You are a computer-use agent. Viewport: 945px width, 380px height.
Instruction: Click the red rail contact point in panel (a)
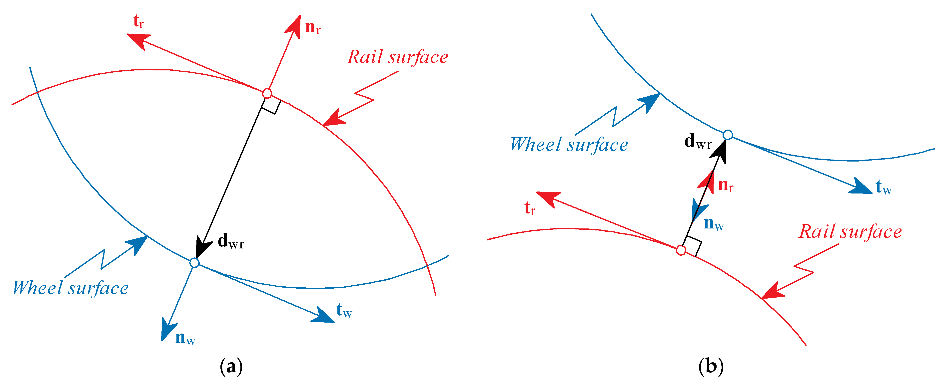click(267, 93)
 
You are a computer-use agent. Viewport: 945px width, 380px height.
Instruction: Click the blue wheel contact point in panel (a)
click(194, 263)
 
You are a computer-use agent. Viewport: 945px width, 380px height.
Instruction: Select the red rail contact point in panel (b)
click(681, 250)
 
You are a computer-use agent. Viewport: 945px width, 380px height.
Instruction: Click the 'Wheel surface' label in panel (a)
click(71, 288)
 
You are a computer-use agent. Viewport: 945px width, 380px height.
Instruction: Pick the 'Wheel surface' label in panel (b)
click(569, 144)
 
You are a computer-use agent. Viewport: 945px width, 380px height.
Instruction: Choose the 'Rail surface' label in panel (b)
click(850, 232)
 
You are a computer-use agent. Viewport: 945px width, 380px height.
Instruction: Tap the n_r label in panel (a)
click(313, 27)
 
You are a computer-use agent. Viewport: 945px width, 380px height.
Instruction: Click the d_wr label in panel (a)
click(231, 241)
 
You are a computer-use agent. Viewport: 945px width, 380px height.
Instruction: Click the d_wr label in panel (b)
click(698, 141)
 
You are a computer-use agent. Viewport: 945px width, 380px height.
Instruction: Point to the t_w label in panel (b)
click(883, 187)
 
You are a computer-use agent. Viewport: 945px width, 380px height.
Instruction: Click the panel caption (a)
click(231, 366)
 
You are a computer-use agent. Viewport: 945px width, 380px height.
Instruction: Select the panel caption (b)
click(711, 366)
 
